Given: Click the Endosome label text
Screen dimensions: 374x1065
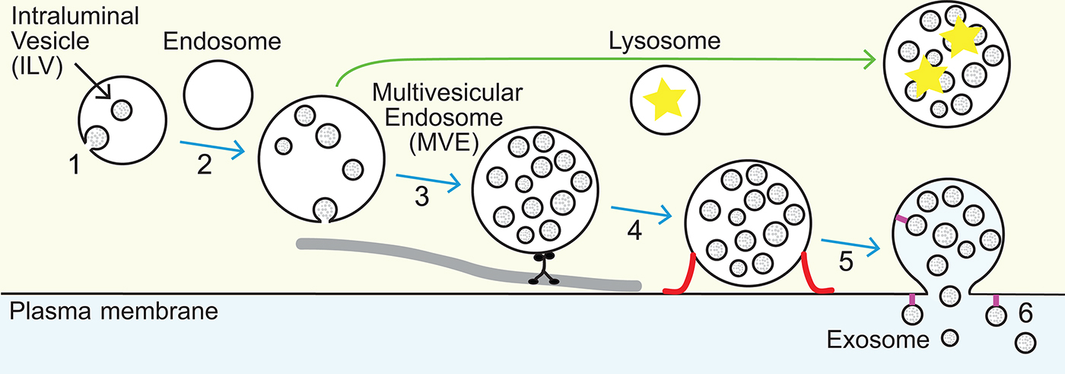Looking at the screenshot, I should (222, 43).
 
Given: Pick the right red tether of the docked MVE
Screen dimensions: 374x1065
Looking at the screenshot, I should (815, 277).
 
